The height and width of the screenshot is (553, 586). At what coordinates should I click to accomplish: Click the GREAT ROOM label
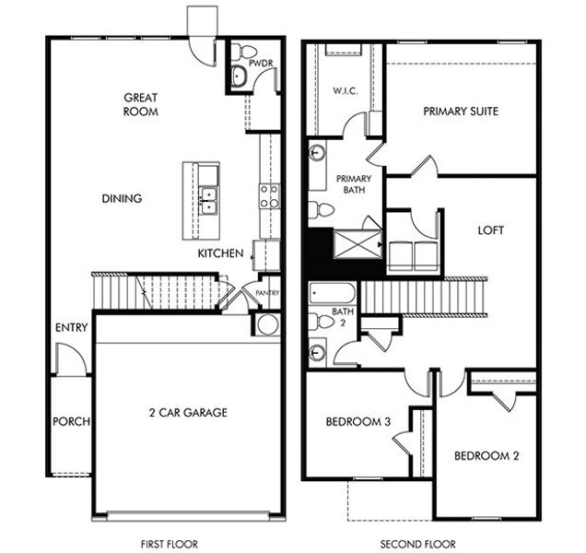(x=141, y=104)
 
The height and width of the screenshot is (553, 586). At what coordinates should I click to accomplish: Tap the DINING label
(x=122, y=198)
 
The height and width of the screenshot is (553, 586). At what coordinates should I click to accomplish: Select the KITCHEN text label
(x=220, y=253)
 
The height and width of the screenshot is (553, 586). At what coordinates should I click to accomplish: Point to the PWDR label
(x=259, y=64)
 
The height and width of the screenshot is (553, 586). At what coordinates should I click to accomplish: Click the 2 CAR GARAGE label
(x=187, y=413)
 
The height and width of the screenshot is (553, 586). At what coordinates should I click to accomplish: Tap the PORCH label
(x=71, y=422)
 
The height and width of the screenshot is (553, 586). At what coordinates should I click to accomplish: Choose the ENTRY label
(x=71, y=328)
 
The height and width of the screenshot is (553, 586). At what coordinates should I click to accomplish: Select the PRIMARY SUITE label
(x=461, y=112)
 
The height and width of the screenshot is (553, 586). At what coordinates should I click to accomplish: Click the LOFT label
(x=490, y=232)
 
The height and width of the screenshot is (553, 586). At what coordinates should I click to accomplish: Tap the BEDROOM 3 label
(x=358, y=422)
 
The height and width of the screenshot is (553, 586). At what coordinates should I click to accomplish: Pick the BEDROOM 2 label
(x=486, y=456)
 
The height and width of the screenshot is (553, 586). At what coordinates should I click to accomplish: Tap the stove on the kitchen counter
(x=269, y=195)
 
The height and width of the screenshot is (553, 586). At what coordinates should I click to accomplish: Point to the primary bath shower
(x=354, y=241)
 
